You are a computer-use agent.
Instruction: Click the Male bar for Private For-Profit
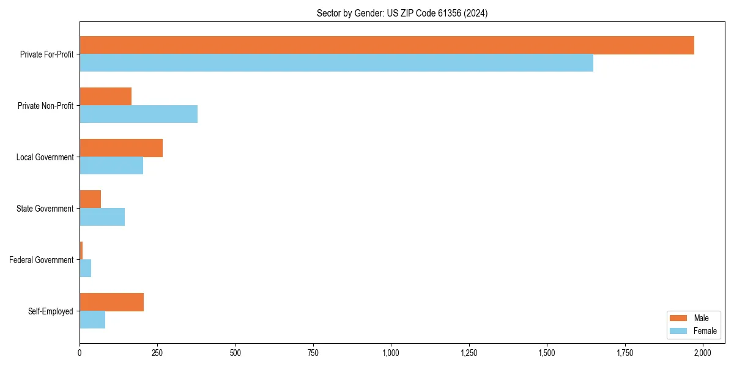click(387, 45)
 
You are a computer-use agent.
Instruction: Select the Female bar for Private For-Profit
click(336, 63)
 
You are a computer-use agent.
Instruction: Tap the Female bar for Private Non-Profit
click(138, 114)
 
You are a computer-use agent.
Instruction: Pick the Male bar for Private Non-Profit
click(105, 97)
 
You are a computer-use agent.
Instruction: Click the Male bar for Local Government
click(121, 148)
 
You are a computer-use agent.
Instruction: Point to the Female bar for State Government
click(102, 217)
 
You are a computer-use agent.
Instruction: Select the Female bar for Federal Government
click(86, 269)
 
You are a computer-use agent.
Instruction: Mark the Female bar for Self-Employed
click(92, 320)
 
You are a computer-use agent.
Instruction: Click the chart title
click(402, 13)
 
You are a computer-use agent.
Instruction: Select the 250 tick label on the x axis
click(157, 353)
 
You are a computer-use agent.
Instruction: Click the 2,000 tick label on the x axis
click(702, 353)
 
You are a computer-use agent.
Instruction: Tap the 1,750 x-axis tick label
click(625, 353)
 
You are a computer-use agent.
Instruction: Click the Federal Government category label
click(41, 260)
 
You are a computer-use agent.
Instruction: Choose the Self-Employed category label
click(50, 311)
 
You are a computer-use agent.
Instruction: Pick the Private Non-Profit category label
click(45, 106)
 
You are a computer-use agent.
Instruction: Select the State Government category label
click(45, 209)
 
